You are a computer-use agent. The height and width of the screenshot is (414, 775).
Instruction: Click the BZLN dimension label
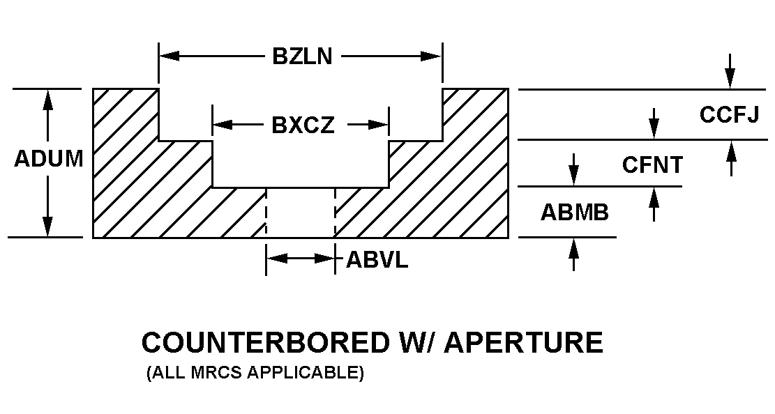click(301, 56)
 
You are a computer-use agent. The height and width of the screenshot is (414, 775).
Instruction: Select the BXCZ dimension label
click(303, 125)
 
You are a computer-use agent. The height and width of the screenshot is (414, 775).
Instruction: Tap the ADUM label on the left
click(48, 159)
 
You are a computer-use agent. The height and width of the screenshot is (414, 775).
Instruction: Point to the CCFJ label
click(729, 115)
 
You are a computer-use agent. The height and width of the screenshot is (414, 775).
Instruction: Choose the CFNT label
click(652, 165)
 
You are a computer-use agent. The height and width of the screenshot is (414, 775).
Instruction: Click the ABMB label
click(574, 213)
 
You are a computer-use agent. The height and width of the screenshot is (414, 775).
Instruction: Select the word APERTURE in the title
click(524, 343)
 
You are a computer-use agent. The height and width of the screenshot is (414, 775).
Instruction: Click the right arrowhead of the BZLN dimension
click(432, 56)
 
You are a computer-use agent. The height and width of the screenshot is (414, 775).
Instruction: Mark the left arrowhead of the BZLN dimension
click(170, 56)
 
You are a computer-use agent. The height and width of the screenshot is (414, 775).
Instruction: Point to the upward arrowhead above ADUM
click(48, 99)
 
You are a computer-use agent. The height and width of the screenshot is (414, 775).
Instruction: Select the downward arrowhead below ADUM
click(48, 227)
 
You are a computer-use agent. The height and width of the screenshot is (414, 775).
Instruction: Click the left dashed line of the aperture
click(266, 213)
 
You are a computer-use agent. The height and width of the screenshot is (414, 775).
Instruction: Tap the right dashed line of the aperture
click(336, 213)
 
